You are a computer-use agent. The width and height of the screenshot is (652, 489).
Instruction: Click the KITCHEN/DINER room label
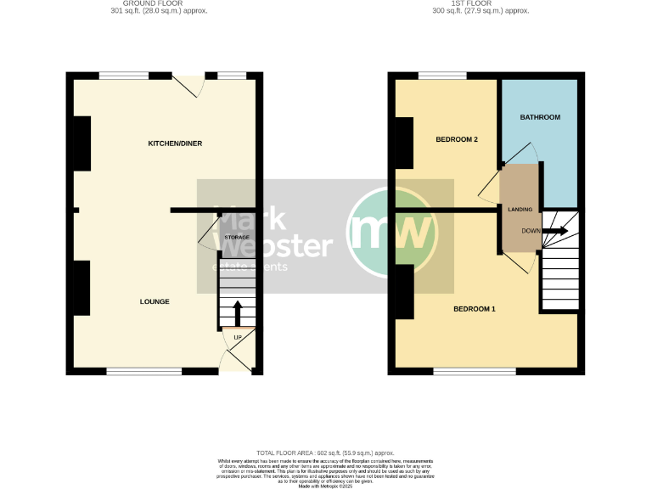pos(175,143)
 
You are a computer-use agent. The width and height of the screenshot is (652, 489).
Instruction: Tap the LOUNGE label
pos(155,301)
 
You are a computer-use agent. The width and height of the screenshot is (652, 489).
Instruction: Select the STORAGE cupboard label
pos(237,238)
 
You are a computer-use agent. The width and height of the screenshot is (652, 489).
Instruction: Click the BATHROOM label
pos(540,117)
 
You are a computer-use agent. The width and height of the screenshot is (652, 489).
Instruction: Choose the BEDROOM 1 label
pos(474,309)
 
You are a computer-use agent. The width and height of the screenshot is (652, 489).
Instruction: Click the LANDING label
pos(520,209)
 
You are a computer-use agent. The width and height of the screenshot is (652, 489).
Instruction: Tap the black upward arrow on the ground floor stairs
pos(237,312)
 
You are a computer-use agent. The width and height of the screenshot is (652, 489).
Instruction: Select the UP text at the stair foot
pos(238,339)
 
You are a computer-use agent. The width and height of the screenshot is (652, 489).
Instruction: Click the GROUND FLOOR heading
pos(159,4)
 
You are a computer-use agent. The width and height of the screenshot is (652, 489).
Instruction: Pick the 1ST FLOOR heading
pos(480,4)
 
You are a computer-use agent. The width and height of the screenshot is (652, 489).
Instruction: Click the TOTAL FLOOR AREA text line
pos(325,453)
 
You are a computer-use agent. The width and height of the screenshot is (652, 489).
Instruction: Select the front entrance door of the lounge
pos(235,362)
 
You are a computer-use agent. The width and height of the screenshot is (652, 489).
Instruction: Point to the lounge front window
pos(144,371)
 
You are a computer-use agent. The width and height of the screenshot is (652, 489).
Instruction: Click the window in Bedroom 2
pos(441,76)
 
